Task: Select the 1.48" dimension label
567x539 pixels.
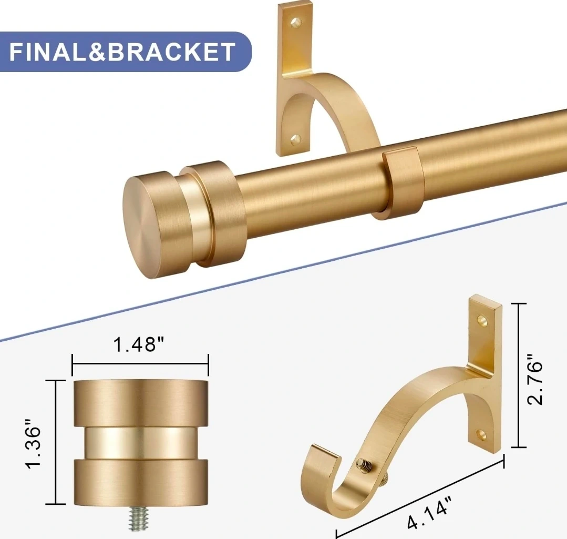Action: [139, 344]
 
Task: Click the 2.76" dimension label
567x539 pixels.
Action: [534, 379]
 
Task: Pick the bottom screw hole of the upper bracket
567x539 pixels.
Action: [296, 139]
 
